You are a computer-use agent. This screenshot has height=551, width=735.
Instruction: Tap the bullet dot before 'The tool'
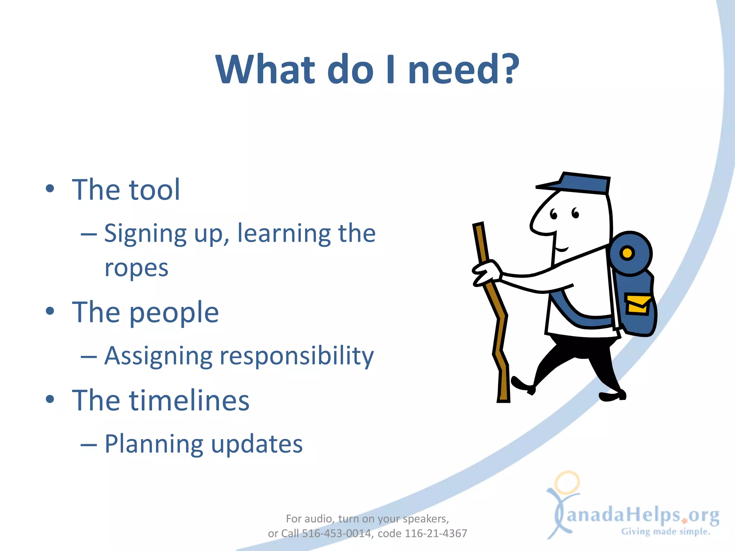pyautogui.click(x=50, y=189)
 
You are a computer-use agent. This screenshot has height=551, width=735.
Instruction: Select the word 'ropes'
pyautogui.click(x=136, y=268)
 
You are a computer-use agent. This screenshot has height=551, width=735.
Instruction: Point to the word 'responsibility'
pyautogui.click(x=296, y=356)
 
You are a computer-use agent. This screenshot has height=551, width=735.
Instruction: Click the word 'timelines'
pyautogui.click(x=189, y=400)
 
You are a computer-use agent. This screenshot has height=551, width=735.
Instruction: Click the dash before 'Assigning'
pyautogui.click(x=89, y=357)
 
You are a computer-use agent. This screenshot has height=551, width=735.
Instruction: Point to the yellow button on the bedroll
pyautogui.click(x=627, y=253)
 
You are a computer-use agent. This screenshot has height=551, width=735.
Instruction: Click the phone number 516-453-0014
pyautogui.click(x=336, y=533)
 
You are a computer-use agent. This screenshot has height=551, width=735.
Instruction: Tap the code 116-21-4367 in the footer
pyautogui.click(x=436, y=533)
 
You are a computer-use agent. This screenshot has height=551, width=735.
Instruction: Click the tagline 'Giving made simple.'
pyautogui.click(x=666, y=532)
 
